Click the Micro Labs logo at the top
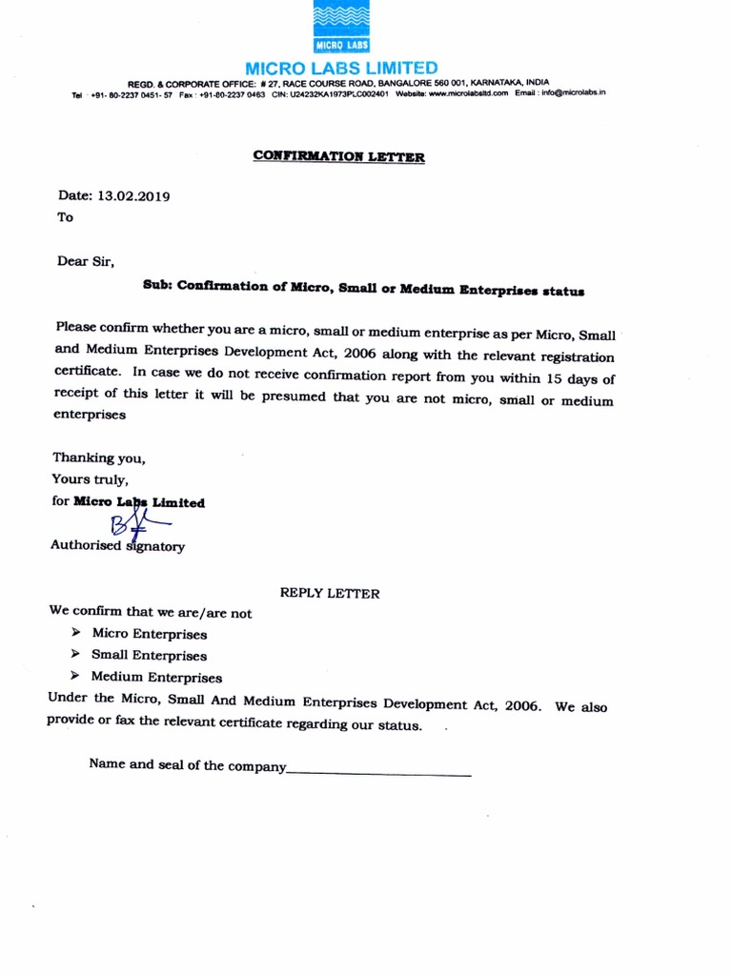[x=341, y=29]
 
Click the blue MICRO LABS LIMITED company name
[x=341, y=68]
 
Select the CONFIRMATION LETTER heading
[x=338, y=156]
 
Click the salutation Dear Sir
[x=86, y=258]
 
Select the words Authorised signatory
[x=117, y=546]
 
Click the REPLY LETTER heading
[x=330, y=593]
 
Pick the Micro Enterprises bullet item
[x=149, y=634]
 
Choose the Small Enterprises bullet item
[x=149, y=656]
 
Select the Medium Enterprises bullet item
[x=156, y=678]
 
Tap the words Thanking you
[x=99, y=457]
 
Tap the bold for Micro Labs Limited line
[x=129, y=502]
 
